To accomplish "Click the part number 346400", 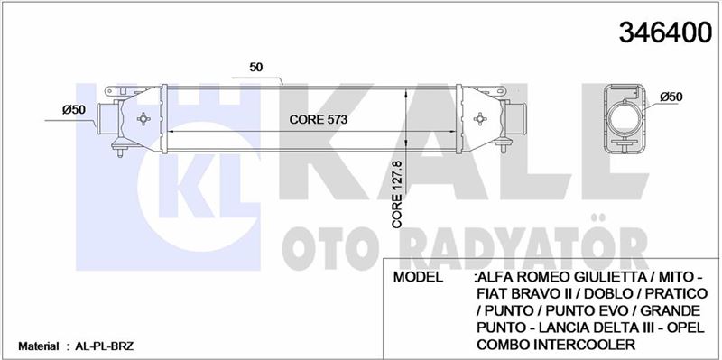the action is (665, 32).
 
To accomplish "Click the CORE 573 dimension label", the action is (318, 120).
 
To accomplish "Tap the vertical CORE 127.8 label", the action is (397, 194).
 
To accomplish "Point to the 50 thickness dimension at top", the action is (256, 67).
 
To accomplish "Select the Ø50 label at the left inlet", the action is (74, 110).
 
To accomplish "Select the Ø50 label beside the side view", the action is (671, 97).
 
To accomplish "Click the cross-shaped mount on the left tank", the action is (143, 119).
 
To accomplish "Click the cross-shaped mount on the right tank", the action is (480, 119).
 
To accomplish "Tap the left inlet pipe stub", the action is (107, 119).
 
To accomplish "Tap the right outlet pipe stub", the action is (515, 119).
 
